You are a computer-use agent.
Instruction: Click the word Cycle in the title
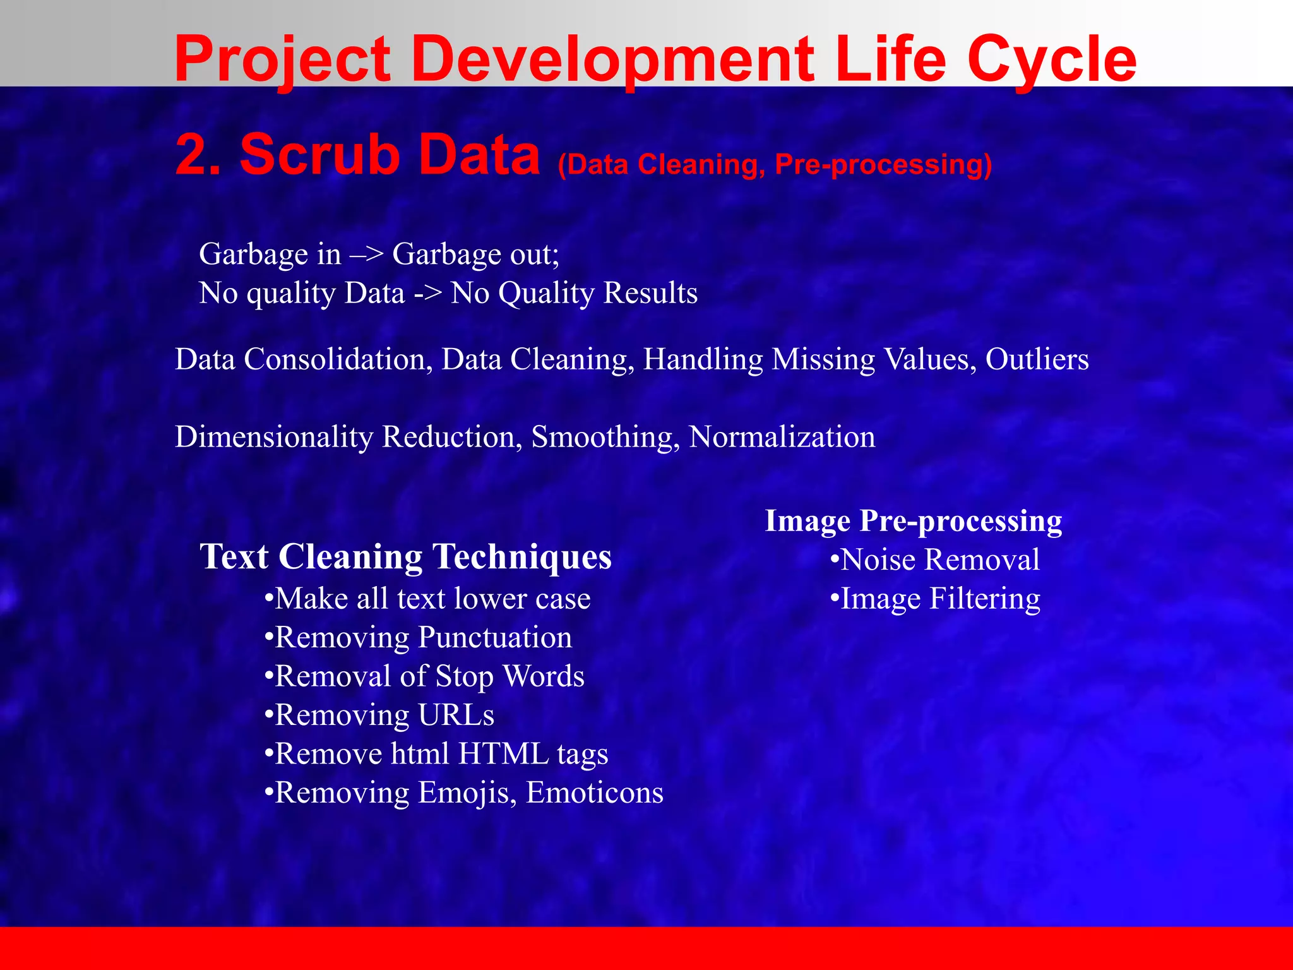click(x=1051, y=60)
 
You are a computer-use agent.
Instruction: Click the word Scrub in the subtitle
click(x=319, y=155)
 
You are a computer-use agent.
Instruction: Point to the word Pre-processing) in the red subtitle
click(x=883, y=165)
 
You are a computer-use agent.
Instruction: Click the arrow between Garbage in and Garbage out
click(x=366, y=255)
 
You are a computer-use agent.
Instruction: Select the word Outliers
click(x=1037, y=359)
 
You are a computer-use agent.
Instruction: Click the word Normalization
click(x=782, y=437)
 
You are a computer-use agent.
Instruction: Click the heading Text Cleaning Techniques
click(x=405, y=557)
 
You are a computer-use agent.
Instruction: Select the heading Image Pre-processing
click(x=913, y=521)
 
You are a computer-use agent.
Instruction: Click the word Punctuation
click(x=495, y=638)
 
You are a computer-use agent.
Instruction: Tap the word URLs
click(x=456, y=716)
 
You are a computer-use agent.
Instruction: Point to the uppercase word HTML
click(x=503, y=754)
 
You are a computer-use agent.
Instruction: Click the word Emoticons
click(x=594, y=793)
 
